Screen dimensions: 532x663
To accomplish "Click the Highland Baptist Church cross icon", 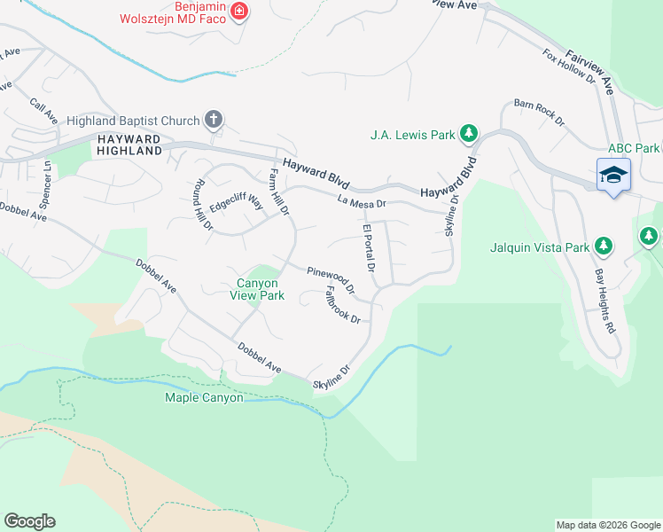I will [x=213, y=119].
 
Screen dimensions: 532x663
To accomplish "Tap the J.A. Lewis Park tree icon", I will [x=469, y=135].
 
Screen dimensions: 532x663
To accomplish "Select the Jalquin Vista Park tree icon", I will [x=604, y=246].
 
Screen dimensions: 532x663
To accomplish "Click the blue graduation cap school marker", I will [x=613, y=175].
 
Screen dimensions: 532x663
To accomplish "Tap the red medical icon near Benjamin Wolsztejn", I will [x=238, y=11].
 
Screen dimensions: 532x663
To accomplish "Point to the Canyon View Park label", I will [x=260, y=289].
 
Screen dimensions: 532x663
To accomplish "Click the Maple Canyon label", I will [x=204, y=397].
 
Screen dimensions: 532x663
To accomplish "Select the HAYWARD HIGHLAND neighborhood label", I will [x=129, y=145].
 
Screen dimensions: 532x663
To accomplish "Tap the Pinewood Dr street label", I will [x=331, y=280].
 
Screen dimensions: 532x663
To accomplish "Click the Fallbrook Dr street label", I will [x=342, y=304].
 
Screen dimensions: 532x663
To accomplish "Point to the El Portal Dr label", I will [x=369, y=248].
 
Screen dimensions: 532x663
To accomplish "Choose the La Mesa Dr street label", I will [x=363, y=203].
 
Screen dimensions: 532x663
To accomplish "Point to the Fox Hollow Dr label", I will [x=568, y=65].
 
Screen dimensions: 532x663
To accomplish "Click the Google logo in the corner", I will [x=29, y=521].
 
